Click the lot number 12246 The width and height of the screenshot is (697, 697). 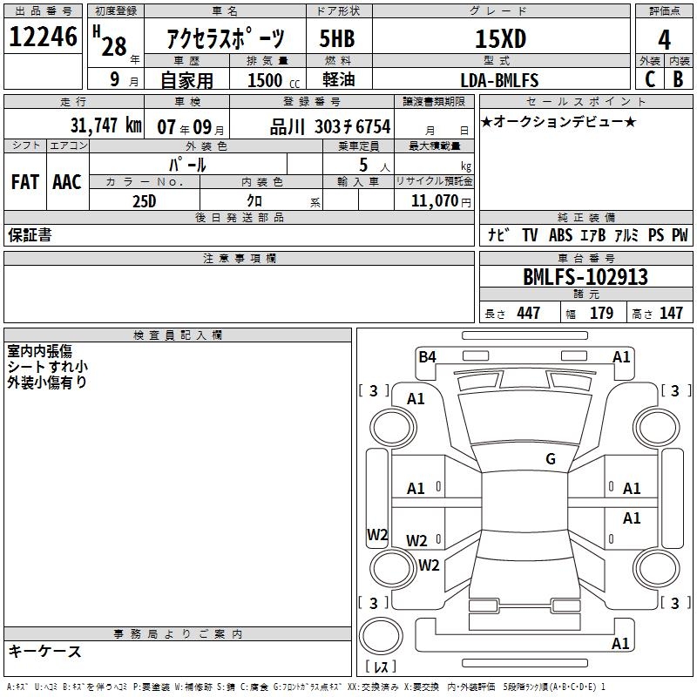(x=43, y=37)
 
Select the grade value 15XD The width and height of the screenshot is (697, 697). (x=500, y=38)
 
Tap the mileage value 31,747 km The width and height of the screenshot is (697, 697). (x=105, y=125)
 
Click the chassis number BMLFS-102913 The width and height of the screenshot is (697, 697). (x=585, y=277)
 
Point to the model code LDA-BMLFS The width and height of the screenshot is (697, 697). (x=499, y=80)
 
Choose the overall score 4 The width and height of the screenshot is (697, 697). (x=664, y=40)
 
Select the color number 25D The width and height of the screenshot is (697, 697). (x=145, y=201)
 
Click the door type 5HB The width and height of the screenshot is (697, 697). (x=337, y=38)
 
